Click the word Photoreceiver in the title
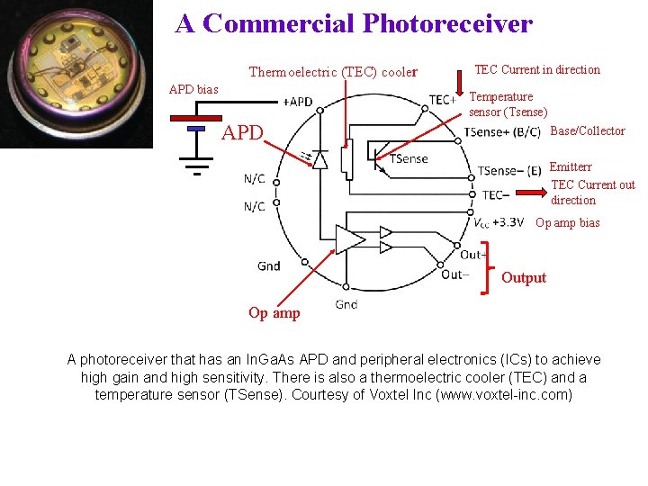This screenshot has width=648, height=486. click(x=447, y=23)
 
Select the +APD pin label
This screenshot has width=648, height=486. click(x=297, y=102)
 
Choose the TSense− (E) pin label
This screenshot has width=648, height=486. click(x=509, y=171)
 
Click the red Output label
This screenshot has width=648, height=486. click(x=524, y=277)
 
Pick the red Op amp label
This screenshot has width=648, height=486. click(x=274, y=313)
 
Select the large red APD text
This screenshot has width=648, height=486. click(x=243, y=134)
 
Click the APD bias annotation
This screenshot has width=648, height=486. click(x=193, y=89)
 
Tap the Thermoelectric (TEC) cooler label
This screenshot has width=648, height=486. click(x=333, y=72)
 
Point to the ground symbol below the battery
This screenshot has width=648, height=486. click(x=196, y=166)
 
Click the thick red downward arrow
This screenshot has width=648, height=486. click(x=459, y=79)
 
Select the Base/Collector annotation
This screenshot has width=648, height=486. click(x=587, y=131)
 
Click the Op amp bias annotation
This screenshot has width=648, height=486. click(x=567, y=223)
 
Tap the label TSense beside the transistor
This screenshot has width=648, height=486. click(x=409, y=159)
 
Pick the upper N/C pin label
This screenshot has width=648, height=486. click(x=255, y=179)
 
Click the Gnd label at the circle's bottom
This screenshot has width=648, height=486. click(x=346, y=305)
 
